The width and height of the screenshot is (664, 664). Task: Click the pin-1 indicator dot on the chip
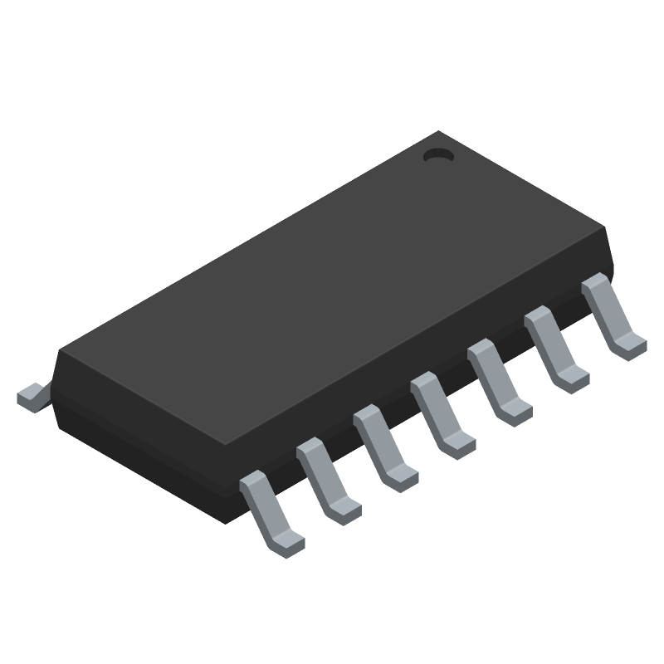[437, 155]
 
